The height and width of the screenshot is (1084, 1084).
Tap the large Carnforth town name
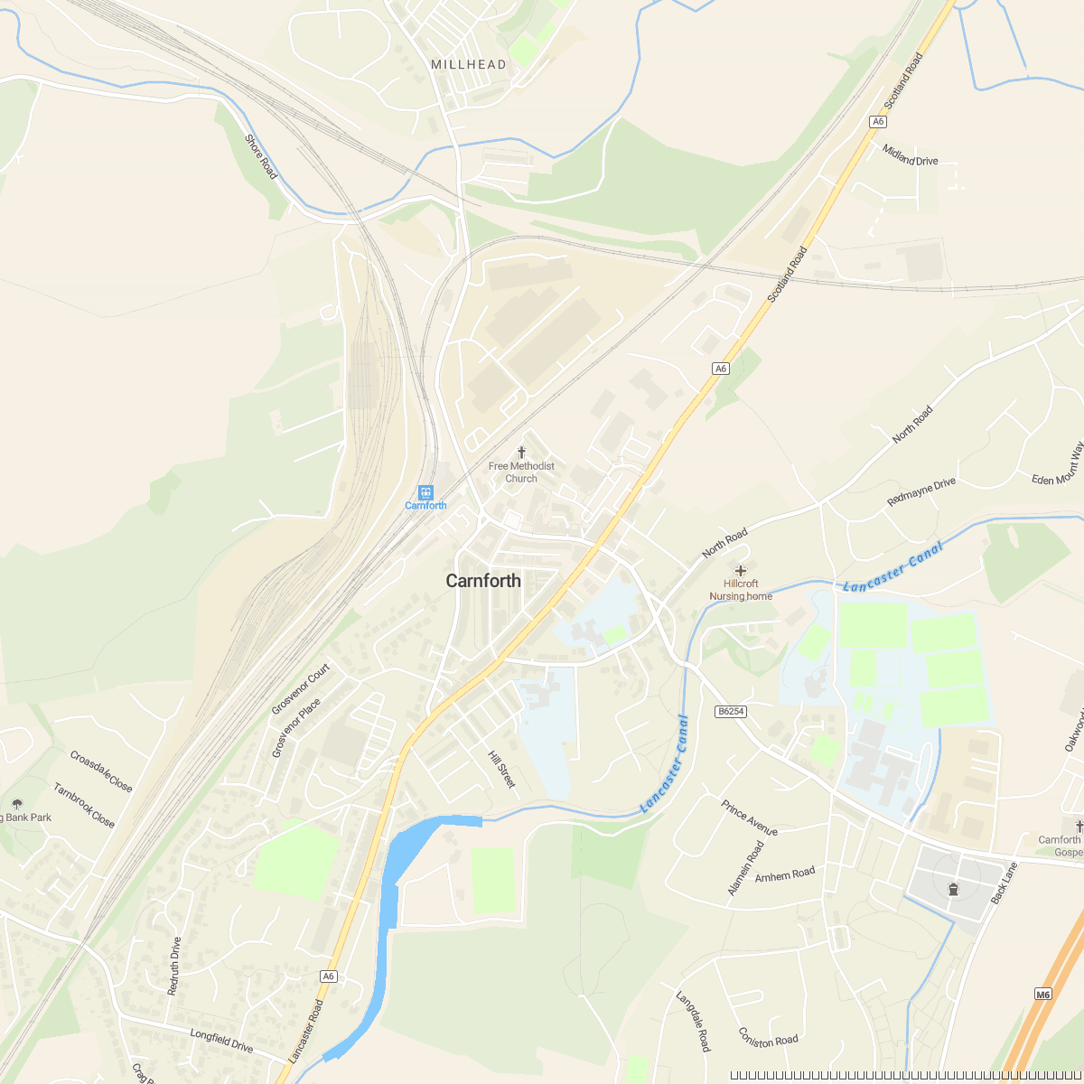483,581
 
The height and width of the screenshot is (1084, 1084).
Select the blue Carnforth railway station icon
425,492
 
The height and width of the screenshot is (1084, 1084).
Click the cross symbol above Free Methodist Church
521,452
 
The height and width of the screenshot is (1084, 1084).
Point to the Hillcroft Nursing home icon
741,571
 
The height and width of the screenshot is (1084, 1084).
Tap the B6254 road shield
731,711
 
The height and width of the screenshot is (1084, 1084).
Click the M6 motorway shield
1043,995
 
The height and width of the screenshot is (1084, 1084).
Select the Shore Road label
261,156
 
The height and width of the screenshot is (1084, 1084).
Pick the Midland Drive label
911,155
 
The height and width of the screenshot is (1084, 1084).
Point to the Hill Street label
501,769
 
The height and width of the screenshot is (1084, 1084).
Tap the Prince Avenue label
750,818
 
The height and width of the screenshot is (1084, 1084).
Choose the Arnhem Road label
785,874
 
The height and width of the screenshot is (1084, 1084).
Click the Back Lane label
1004,883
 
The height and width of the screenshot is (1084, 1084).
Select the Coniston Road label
768,1037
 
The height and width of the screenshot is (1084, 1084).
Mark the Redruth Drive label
173,966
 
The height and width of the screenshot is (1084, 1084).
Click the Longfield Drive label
221,1040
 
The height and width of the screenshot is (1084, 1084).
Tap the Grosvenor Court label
301,688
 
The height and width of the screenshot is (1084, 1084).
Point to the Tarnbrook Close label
84,805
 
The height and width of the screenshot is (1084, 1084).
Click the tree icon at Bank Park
17,803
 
